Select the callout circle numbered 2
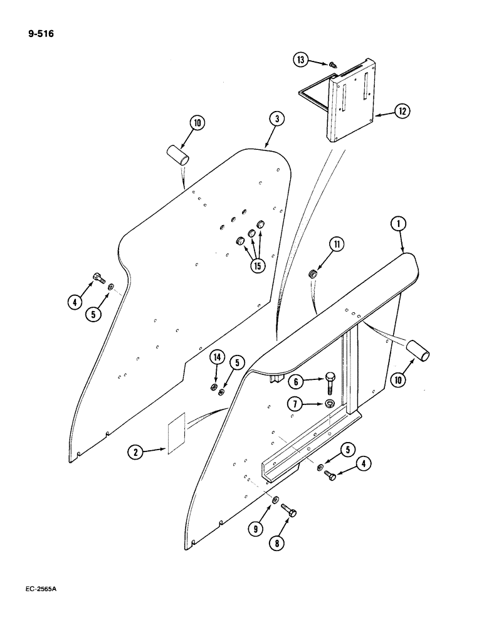pos(133,450)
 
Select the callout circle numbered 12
pos(402,112)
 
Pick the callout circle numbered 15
pos(256,265)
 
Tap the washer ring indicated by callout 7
pos(329,404)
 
